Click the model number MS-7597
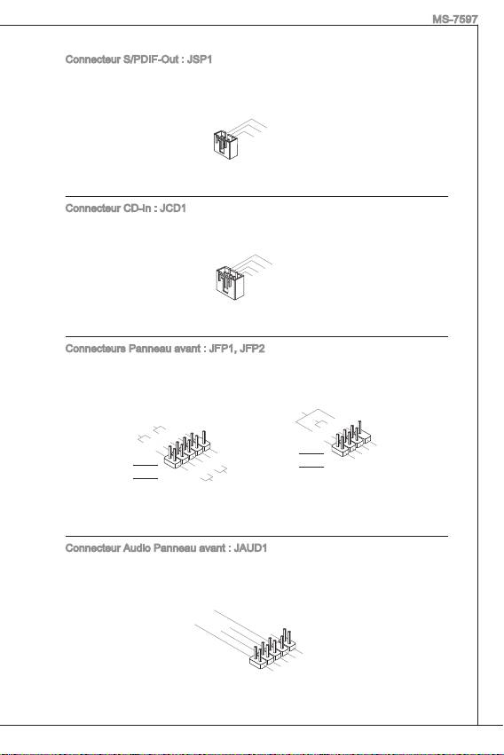pyautogui.click(x=455, y=20)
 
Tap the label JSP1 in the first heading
pyautogui.click(x=200, y=59)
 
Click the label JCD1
pyautogui.click(x=173, y=208)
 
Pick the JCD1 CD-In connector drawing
pyautogui.click(x=230, y=283)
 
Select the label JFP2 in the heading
pyautogui.click(x=252, y=349)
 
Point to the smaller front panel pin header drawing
pyautogui.click(x=350, y=438)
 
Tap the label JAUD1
pyautogui.click(x=250, y=548)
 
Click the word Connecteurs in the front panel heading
pyautogui.click(x=95, y=349)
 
